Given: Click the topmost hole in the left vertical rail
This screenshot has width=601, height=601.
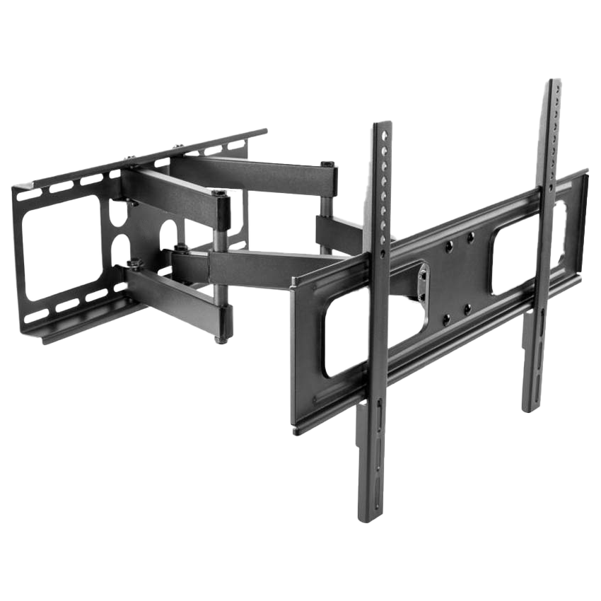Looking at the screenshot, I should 385,132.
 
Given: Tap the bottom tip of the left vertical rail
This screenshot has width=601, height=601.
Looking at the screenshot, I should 368,518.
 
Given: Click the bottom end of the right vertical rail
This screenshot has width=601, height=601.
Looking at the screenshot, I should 530,409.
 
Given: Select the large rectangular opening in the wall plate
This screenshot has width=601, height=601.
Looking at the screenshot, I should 61,247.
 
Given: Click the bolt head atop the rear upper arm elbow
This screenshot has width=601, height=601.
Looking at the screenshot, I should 327,164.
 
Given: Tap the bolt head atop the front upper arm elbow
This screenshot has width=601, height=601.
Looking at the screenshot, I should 220,192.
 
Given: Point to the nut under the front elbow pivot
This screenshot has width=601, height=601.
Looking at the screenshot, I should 221,340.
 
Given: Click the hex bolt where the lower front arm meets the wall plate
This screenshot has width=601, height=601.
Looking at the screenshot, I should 133,265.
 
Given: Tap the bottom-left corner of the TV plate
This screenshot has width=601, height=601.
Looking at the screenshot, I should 296,427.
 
